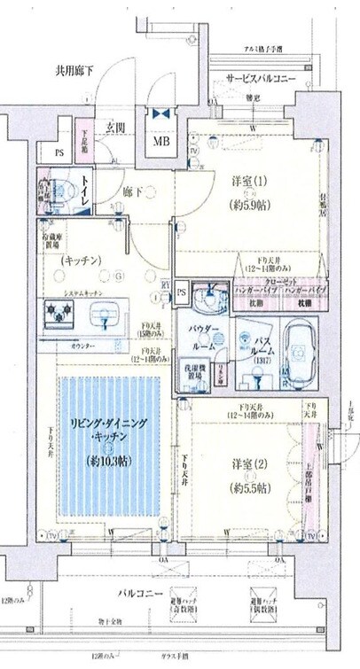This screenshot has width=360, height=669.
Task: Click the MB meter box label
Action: pos(163,142)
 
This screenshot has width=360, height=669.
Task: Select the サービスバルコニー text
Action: pos(262,77)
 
